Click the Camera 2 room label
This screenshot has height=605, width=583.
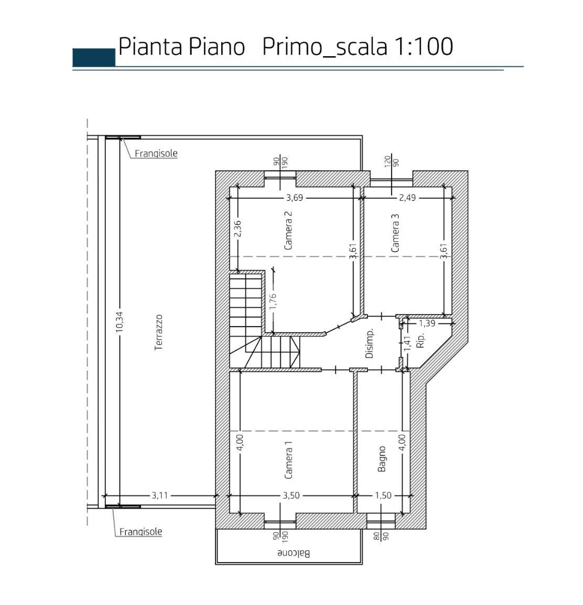coord(288,230)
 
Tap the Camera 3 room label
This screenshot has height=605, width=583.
coord(395,233)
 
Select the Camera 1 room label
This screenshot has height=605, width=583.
coord(288,460)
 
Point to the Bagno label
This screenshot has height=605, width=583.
coord(382,459)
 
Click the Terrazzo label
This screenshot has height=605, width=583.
coord(158,332)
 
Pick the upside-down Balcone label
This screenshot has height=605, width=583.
coord(294,553)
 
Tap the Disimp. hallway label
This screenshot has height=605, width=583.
coord(369,344)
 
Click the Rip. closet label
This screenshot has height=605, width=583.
coord(420,340)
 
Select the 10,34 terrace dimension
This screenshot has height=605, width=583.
coord(119,322)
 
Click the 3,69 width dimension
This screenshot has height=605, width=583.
coord(295,198)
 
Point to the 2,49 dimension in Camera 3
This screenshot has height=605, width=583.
coord(407,198)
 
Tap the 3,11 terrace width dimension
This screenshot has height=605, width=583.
coord(159,495)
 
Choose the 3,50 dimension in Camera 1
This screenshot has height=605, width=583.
coord(291,495)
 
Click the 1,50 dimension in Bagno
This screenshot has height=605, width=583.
coord(383,495)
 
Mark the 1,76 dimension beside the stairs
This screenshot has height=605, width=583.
coord(273,301)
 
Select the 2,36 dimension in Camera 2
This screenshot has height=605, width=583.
coord(237,229)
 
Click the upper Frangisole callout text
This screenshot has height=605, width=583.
coord(156,153)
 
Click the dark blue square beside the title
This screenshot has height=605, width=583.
coord(94,58)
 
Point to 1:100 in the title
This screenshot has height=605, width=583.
coord(423,47)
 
